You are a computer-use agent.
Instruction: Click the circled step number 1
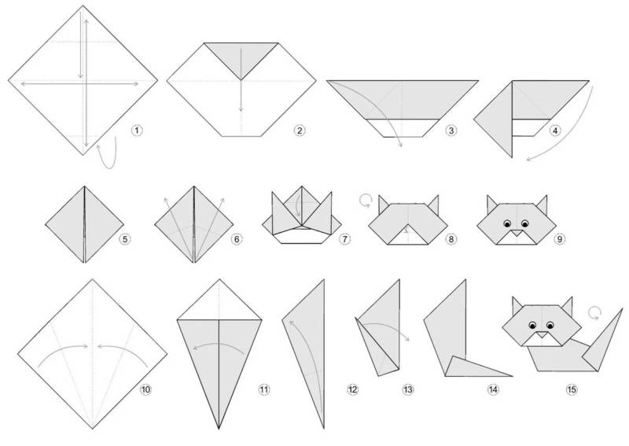[x=136, y=131]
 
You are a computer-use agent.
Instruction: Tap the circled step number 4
[x=555, y=131]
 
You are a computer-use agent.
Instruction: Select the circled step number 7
[x=344, y=239]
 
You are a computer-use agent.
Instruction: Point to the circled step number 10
[x=145, y=389]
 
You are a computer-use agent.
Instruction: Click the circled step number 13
[x=407, y=389]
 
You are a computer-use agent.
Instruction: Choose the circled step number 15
[x=572, y=389]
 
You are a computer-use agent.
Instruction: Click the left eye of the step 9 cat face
[x=507, y=223]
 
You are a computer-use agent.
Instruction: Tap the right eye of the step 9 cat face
[x=524, y=223]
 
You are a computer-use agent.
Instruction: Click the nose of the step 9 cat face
[x=517, y=232]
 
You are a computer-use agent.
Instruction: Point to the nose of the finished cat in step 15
[x=542, y=334]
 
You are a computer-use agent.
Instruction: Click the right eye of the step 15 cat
[x=550, y=325]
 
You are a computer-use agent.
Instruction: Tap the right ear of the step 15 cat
[x=567, y=306]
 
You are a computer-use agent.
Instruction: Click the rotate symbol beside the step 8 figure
[x=365, y=201]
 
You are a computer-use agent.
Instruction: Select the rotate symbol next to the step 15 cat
[x=595, y=313]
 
